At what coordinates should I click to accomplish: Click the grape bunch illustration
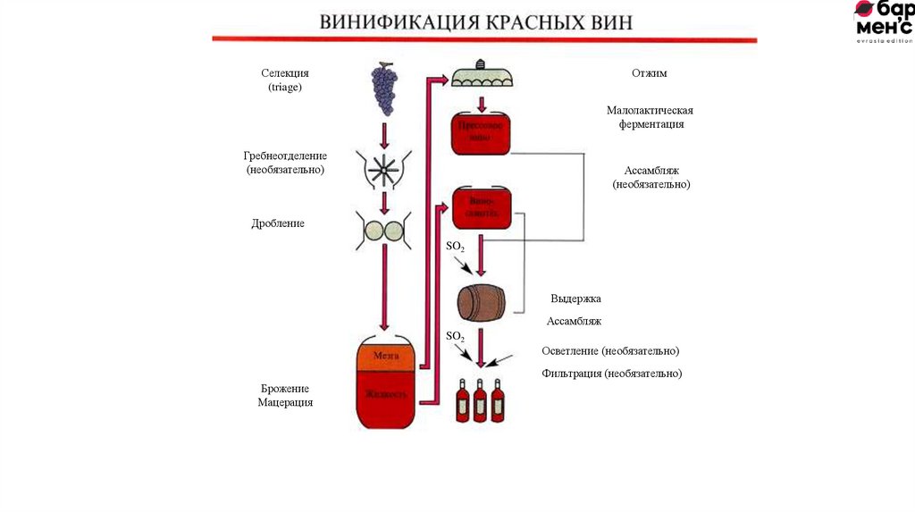[x=384, y=88]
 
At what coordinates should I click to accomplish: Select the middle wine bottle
[x=480, y=401]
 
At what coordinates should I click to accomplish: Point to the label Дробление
[x=278, y=223]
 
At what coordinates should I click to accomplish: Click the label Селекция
[x=285, y=72]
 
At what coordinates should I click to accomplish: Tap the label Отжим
[x=649, y=73]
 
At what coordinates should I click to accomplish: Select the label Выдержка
[x=575, y=299]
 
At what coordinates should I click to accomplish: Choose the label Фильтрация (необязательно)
[x=611, y=373]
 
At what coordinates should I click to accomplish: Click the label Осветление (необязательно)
[x=610, y=350]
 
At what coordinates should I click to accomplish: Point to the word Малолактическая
[x=650, y=110]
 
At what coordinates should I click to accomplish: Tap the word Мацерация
[x=285, y=403]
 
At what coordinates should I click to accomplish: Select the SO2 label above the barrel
[x=455, y=246]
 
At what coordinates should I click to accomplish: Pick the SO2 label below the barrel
[x=455, y=336]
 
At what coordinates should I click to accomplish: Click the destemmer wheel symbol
[x=384, y=167]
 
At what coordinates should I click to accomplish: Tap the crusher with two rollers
[x=384, y=229]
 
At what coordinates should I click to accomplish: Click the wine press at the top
[x=483, y=75]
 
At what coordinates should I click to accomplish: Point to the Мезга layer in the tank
[x=385, y=355]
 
